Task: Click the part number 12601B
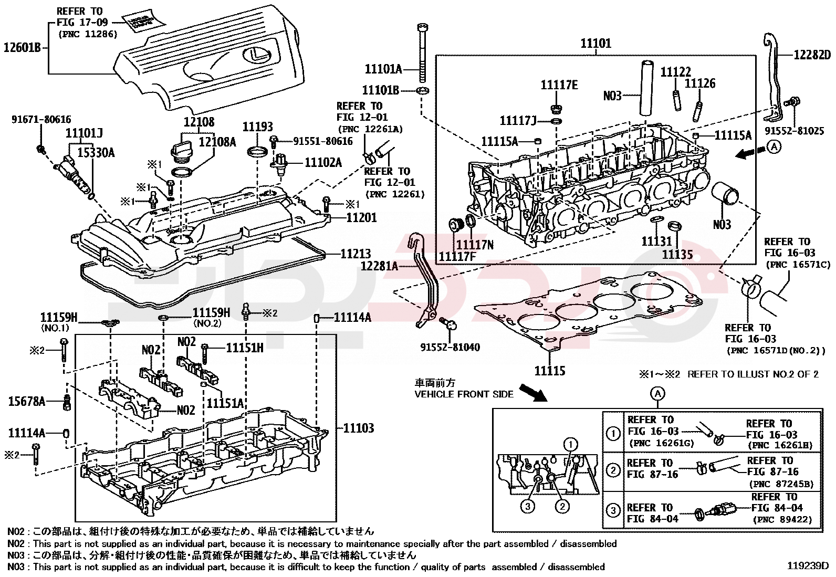point(22,48)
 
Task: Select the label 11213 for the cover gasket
point(356,254)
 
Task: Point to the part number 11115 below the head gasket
point(550,371)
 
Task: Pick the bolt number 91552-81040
point(450,347)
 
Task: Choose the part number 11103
point(359,428)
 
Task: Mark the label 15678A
point(27,402)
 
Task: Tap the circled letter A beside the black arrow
point(774,148)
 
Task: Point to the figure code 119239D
point(808,566)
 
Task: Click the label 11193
point(257,127)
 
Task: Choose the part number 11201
point(361,217)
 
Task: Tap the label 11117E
point(559,85)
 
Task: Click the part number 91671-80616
point(41,120)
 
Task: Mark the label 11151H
point(245,348)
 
